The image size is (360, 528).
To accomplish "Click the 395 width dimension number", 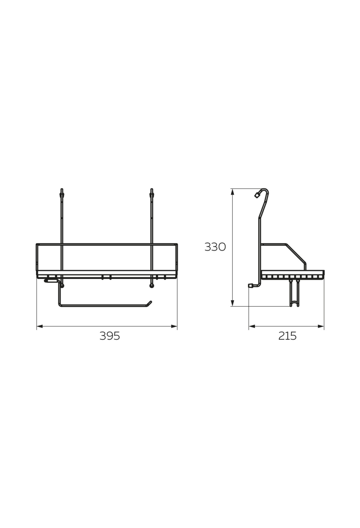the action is [x=110, y=336].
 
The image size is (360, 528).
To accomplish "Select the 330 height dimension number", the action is [x=215, y=247].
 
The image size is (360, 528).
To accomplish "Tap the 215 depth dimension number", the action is [x=287, y=336].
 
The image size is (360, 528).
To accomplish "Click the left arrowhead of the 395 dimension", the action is [x=39, y=326].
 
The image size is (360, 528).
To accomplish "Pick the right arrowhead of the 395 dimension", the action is [x=174, y=326].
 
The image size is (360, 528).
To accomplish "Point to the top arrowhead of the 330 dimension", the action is [x=232, y=192].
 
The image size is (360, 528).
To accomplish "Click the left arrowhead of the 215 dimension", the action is [x=252, y=326].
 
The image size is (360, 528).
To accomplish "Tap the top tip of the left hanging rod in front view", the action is [x=62, y=189].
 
